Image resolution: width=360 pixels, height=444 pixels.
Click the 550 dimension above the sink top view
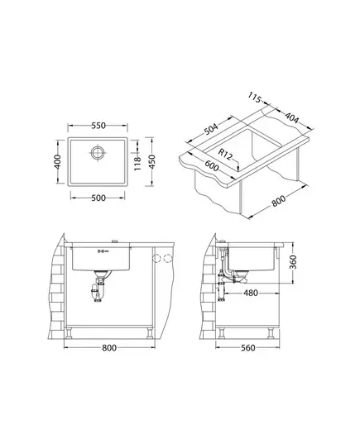pyautogui.click(x=98, y=126)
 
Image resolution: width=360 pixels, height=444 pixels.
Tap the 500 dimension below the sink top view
pyautogui.click(x=98, y=198)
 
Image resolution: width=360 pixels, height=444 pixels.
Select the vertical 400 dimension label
pyautogui.click(x=58, y=162)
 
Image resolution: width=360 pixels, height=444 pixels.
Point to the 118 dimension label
pyautogui.click(x=137, y=164)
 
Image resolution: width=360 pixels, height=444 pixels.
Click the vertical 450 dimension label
pyautogui.click(x=152, y=162)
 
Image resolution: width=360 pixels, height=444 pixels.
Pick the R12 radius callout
pyautogui.click(x=225, y=155)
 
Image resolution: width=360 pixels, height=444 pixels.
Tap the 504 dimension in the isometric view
pyautogui.click(x=212, y=129)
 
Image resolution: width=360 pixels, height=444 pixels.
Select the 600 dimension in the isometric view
pyautogui.click(x=212, y=165)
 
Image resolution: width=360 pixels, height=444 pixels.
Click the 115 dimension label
pyautogui.click(x=254, y=98)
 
